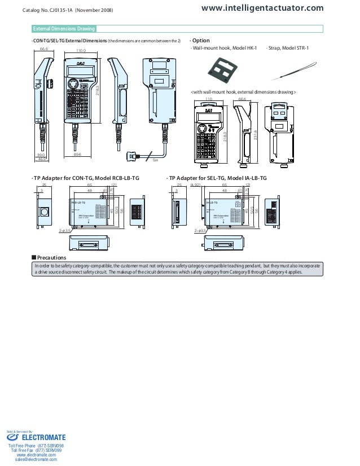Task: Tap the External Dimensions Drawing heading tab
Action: pyautogui.click(x=63, y=29)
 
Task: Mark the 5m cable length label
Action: pyautogui.click(x=155, y=161)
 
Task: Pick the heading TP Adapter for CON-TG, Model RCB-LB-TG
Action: pyautogui.click(x=86, y=178)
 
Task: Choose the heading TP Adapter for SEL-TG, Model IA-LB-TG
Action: pyautogui.click(x=218, y=178)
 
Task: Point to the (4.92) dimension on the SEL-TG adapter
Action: pyautogui.click(x=196, y=185)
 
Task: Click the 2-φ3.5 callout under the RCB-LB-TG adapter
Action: pyautogui.click(x=65, y=230)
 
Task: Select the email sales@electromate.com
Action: pyautogui.click(x=36, y=460)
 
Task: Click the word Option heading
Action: pyautogui.click(x=201, y=40)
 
